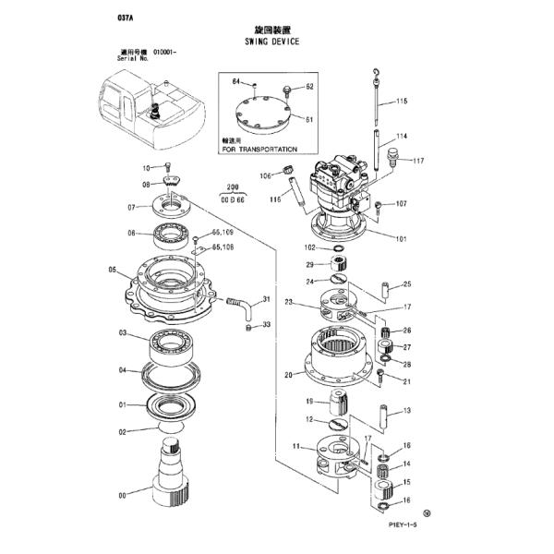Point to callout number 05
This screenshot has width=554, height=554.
(x=112, y=271)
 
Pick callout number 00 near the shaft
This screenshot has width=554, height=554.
(x=123, y=495)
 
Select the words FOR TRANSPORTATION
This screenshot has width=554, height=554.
(x=259, y=149)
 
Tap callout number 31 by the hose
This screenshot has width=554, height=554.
(x=266, y=299)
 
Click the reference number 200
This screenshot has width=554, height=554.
(x=231, y=187)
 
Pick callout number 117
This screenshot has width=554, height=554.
(x=417, y=162)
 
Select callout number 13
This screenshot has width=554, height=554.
(x=406, y=411)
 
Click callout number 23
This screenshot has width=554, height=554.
(x=289, y=302)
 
